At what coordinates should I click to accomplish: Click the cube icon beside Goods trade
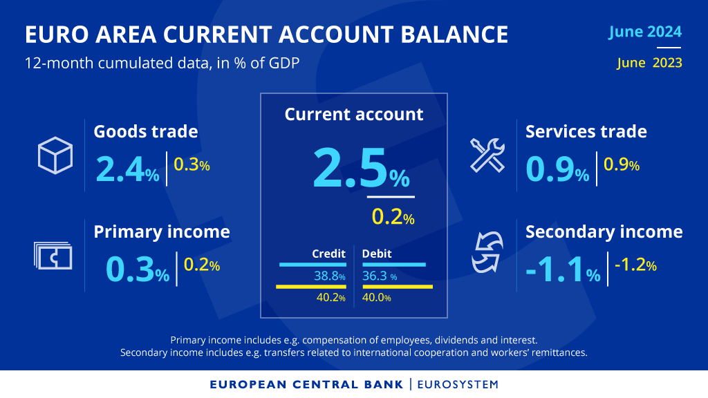tap(55, 155)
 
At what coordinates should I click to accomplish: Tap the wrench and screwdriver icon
tap(488, 154)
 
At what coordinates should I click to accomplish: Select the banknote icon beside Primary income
tap(53, 256)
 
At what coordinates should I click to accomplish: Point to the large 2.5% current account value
tap(360, 170)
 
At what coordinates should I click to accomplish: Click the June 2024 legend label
tap(645, 32)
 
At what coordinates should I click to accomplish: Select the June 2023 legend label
tap(649, 63)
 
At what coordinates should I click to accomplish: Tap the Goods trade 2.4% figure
tap(127, 169)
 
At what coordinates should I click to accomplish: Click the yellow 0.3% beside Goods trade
tap(192, 165)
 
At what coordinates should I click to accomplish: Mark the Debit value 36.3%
tap(380, 276)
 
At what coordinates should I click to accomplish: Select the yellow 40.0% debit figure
tap(377, 298)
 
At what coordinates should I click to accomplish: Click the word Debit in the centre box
tap(377, 254)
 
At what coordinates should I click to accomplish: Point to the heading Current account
tap(354, 114)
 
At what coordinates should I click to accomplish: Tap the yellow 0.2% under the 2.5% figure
tap(393, 218)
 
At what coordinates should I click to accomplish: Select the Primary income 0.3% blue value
tap(137, 270)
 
